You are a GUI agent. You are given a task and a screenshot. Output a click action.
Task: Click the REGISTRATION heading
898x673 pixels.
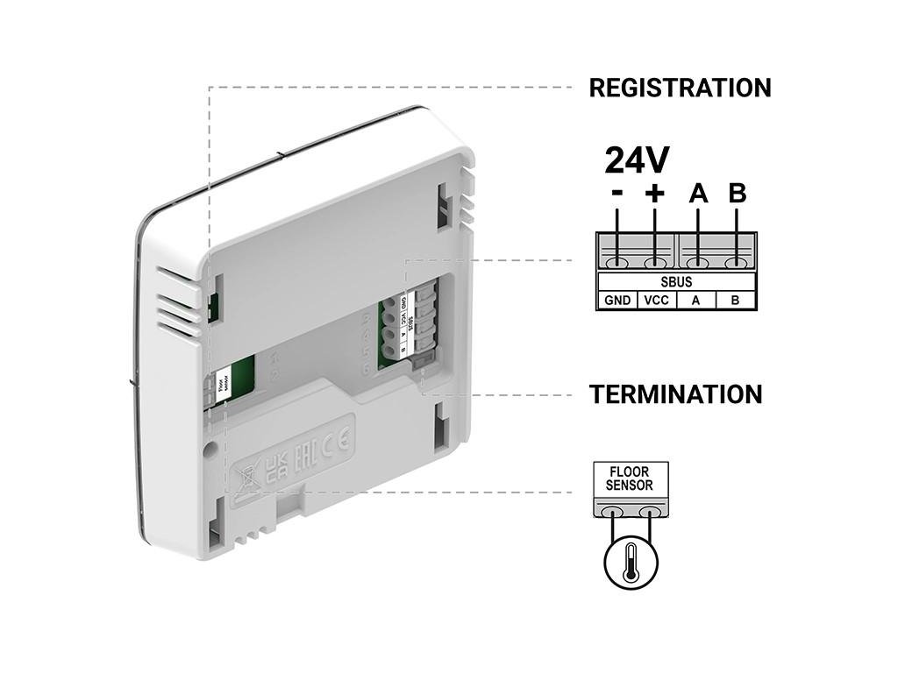coord(680,88)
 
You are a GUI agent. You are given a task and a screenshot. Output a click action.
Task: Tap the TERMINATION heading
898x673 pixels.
coord(675,394)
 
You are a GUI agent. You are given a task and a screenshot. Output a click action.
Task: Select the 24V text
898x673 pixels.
coord(638,160)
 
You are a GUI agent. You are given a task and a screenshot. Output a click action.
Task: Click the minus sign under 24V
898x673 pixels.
coord(617,194)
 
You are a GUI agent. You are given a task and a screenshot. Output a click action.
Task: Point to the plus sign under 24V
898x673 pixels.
coord(654,194)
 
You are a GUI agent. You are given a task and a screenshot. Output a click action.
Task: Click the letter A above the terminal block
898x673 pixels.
coord(698,194)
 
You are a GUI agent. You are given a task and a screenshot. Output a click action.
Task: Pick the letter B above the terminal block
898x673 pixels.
coord(737,194)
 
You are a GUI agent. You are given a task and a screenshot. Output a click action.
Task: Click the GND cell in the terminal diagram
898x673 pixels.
coord(617,301)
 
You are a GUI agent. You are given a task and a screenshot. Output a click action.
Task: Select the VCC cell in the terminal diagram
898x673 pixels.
coord(656,301)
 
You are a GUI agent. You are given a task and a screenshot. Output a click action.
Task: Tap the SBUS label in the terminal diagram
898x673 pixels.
coord(676,282)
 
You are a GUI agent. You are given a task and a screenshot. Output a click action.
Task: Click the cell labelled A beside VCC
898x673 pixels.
coord(696,301)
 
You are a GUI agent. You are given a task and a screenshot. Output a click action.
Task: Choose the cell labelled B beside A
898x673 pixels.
coord(736,301)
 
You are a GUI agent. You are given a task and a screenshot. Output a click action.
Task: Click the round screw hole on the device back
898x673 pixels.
coord(210,448)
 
